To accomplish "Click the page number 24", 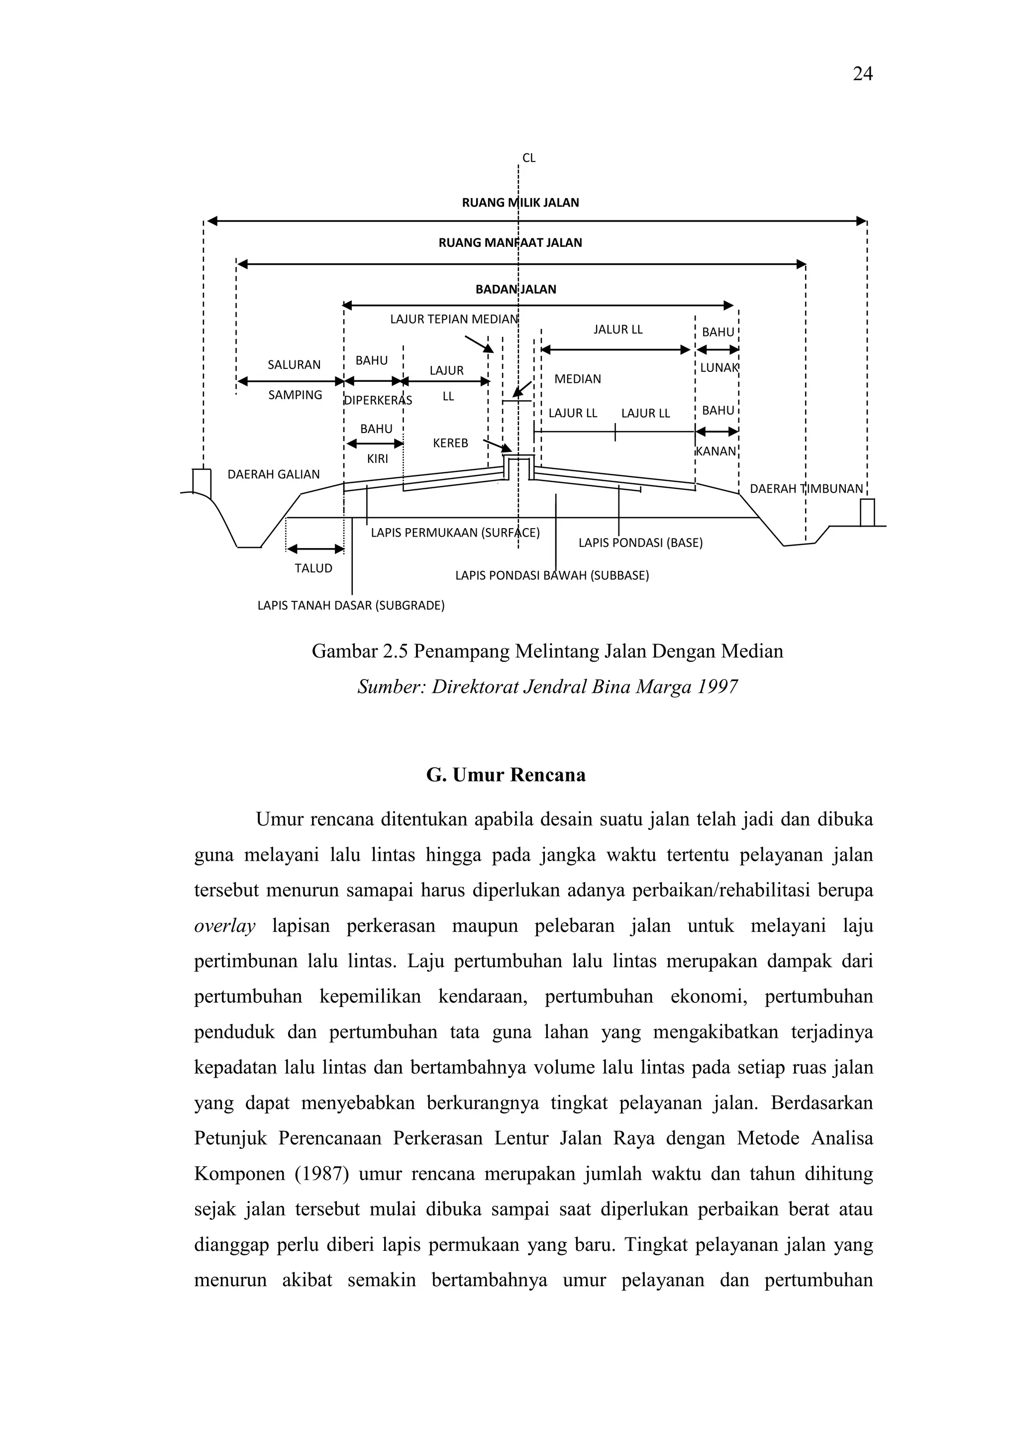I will [x=862, y=74].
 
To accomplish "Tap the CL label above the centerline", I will [x=528, y=158].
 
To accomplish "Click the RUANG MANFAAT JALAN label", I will [x=510, y=243].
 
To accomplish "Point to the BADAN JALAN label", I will [x=515, y=290].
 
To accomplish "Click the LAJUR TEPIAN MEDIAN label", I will [x=454, y=319].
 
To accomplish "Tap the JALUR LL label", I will [x=618, y=330].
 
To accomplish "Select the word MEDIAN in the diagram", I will [x=577, y=379].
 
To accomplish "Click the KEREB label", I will [x=450, y=444].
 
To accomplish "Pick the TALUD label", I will [x=313, y=568].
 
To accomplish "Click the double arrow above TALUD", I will [x=315, y=550].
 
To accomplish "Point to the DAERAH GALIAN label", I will [x=273, y=475].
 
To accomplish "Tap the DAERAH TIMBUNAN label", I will [x=806, y=489].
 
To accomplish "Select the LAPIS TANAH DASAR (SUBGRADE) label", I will [x=351, y=606].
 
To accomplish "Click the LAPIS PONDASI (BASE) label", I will [x=640, y=543].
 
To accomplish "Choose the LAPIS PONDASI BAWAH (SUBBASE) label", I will [x=552, y=575].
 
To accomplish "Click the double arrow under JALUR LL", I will [x=615, y=350].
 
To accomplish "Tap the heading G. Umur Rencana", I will [x=506, y=775].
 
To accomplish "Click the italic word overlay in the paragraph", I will [x=224, y=926].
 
